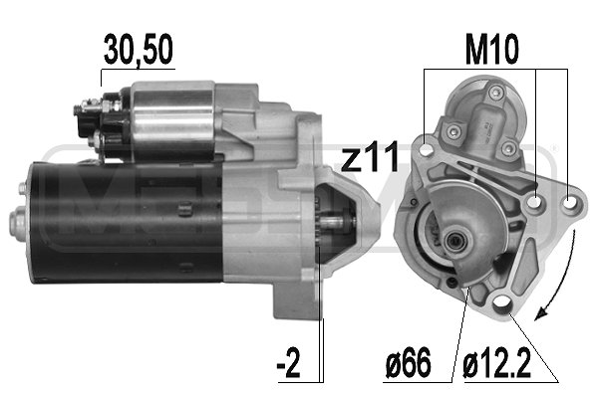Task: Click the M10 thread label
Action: click(x=493, y=50)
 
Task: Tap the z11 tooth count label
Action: click(x=372, y=156)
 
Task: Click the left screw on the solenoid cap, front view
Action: click(x=453, y=128)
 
